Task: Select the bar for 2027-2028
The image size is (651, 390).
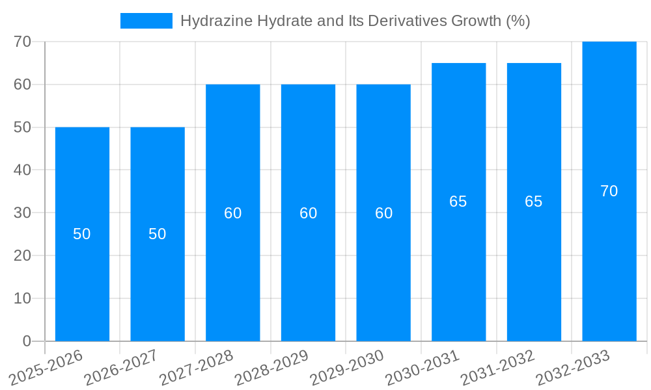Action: tap(232, 273)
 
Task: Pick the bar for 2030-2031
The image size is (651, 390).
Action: tap(458, 273)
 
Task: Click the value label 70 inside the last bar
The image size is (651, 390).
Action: tap(609, 191)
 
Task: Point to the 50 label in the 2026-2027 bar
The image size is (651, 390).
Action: tap(158, 234)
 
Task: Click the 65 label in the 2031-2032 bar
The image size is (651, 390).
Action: tap(534, 201)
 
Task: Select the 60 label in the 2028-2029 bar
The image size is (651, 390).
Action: tap(308, 213)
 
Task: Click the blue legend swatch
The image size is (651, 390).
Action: tap(146, 21)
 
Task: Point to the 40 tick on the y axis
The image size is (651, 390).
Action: tap(22, 170)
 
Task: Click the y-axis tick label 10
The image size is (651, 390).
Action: tap(22, 298)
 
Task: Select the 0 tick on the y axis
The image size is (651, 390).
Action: tap(27, 341)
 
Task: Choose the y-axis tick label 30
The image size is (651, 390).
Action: tap(22, 213)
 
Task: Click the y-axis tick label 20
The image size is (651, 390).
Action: tap(22, 255)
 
